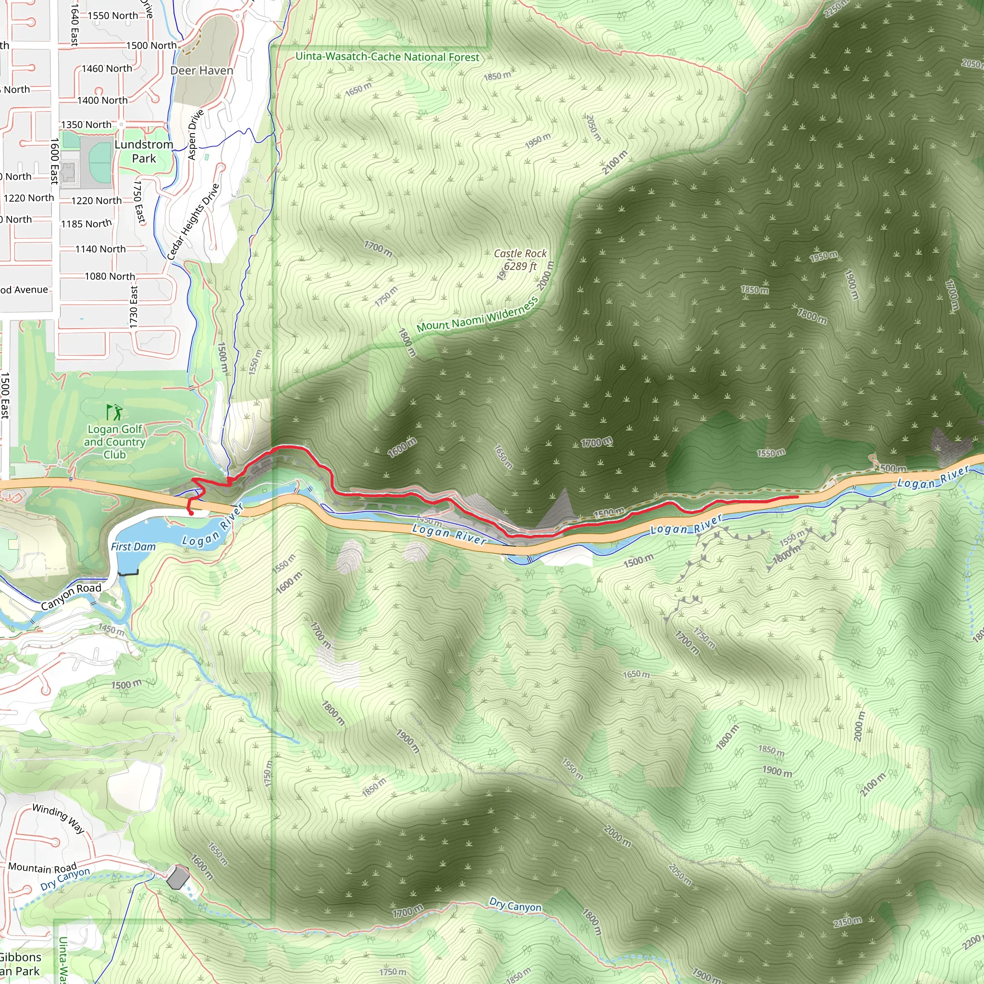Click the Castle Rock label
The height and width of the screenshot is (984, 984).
(520, 254)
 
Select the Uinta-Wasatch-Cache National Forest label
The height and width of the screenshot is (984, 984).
(387, 57)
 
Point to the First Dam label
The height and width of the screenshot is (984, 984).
(133, 546)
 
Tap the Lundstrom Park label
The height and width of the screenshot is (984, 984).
(144, 151)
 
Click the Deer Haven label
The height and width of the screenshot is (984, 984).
(202, 70)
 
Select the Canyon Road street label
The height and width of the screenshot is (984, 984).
(71, 596)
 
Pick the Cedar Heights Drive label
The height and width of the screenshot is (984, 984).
(194, 221)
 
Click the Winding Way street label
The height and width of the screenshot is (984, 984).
(59, 818)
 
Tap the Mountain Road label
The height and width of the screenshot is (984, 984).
(42, 867)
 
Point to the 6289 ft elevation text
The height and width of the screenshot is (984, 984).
(520, 266)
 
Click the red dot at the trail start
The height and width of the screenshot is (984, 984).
(191, 514)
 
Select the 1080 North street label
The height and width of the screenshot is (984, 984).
(110, 276)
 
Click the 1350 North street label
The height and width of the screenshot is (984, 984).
(86, 124)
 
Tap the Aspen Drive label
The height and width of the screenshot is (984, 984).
(196, 134)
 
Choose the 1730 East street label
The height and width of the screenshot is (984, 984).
(134, 307)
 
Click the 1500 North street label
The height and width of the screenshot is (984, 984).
(151, 45)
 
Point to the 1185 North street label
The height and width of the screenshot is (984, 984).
(86, 223)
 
